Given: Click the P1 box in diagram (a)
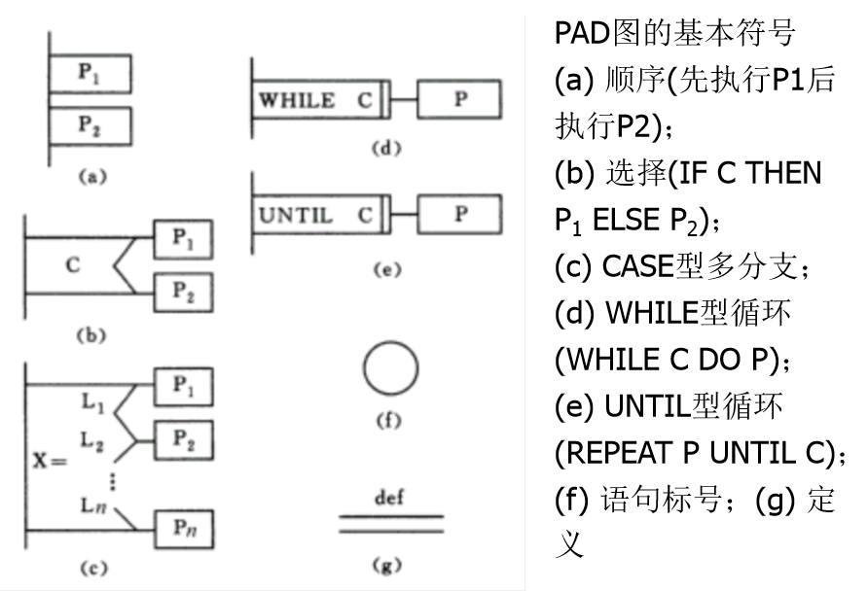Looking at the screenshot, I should point(90,73).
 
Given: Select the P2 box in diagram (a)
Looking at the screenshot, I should point(90,125).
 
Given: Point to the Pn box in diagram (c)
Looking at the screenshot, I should point(185,531).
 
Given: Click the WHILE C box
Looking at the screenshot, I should point(316,99).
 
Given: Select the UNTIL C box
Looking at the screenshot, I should point(316,216).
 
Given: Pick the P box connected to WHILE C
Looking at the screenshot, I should point(460,99).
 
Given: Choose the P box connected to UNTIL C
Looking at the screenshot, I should point(460,215).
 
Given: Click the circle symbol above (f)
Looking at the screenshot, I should point(390,369).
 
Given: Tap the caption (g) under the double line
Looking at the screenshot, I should point(390,563).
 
